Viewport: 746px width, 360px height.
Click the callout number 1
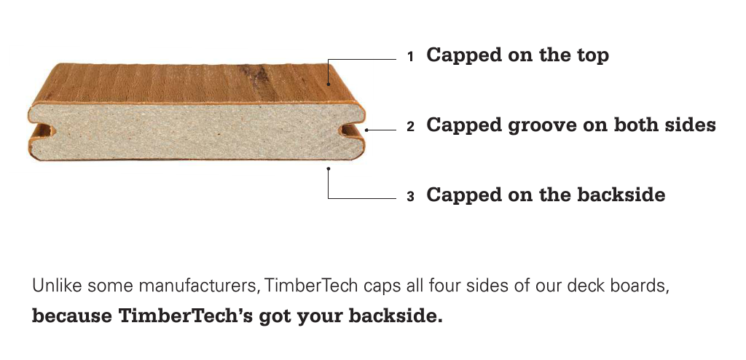[411, 57]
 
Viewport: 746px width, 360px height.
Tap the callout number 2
[411, 127]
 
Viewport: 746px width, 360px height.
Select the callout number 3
[411, 197]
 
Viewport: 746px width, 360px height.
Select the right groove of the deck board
[351, 130]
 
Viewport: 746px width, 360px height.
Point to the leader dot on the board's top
[329, 85]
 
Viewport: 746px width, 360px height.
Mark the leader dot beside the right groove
[366, 130]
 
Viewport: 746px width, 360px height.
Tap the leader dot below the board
[329, 168]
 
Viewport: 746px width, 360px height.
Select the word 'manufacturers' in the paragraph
[199, 286]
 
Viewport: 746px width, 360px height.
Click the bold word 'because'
[72, 316]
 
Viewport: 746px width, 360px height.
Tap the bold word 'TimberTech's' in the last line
[186, 316]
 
